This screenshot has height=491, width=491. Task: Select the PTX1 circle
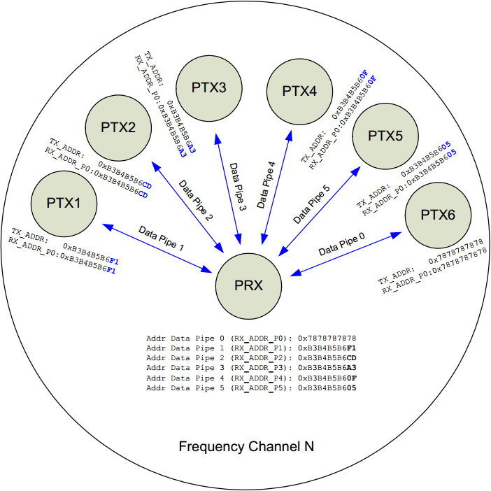(64, 203)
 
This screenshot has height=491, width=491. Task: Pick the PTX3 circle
(208, 88)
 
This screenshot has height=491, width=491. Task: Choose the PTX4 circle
(299, 90)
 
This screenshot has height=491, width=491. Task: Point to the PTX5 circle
(385, 136)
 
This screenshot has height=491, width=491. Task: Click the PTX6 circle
(438, 215)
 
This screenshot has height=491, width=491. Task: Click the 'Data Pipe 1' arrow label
(161, 238)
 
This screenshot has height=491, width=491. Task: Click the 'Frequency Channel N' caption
(246, 446)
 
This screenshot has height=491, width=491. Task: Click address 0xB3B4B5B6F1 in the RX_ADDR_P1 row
(327, 348)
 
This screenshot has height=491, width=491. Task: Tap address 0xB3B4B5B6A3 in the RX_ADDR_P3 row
(327, 367)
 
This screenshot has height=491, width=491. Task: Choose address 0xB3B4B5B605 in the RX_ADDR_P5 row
(327, 387)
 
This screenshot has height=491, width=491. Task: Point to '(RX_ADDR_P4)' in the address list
(259, 377)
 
